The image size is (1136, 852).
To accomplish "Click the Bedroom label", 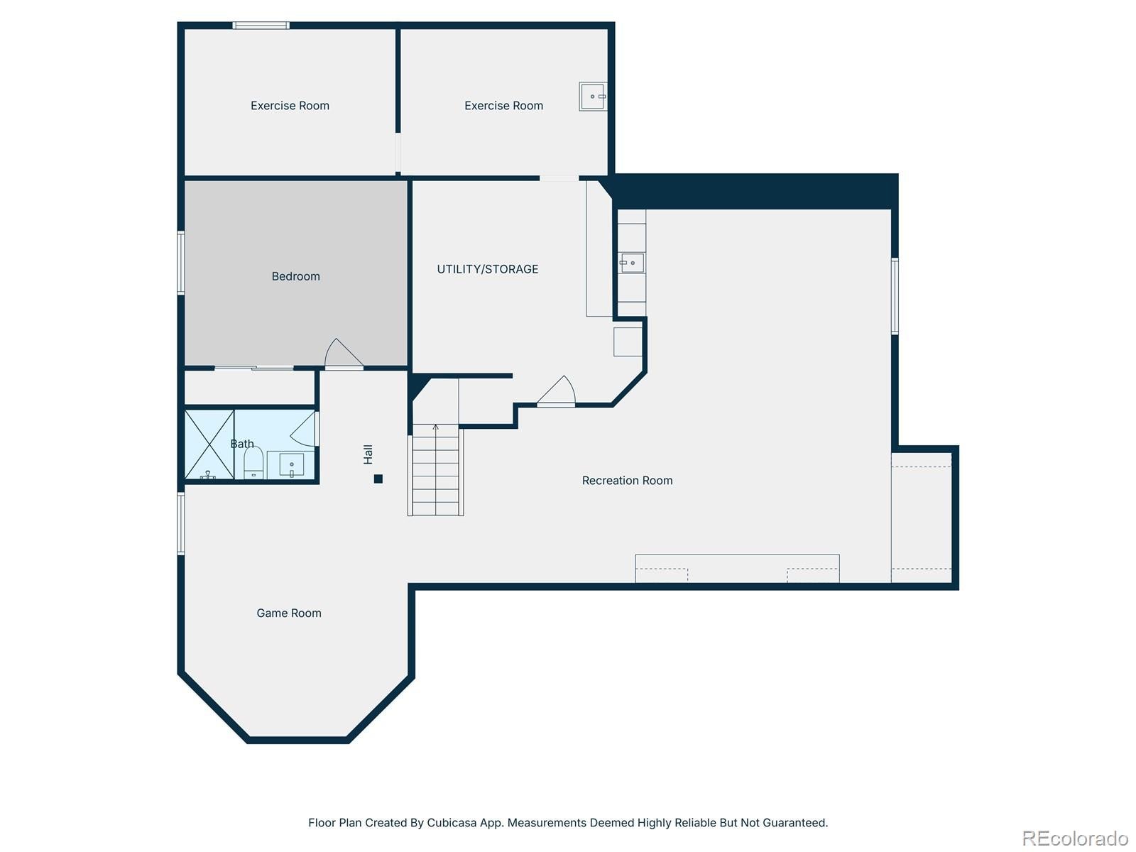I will pyautogui.click(x=295, y=276).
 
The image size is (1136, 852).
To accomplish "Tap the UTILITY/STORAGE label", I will pyautogui.click(x=487, y=269).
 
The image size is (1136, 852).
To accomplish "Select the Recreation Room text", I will pyautogui.click(x=627, y=481).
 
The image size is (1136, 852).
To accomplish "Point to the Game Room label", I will pyautogui.click(x=288, y=613).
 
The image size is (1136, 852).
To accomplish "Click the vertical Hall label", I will pyautogui.click(x=368, y=454).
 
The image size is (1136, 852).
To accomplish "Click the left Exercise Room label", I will pyautogui.click(x=290, y=106).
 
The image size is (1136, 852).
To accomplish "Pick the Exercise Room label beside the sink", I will pyautogui.click(x=503, y=106).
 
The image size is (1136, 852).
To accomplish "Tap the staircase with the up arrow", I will pyautogui.click(x=435, y=469).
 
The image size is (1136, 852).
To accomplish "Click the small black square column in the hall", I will pyautogui.click(x=378, y=479).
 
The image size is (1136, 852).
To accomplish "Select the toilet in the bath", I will pyautogui.click(x=253, y=463).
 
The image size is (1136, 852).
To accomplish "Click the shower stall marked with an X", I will pyautogui.click(x=209, y=444).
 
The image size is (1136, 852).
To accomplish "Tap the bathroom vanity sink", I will pyautogui.click(x=291, y=466).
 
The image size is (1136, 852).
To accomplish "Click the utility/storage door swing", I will pyautogui.click(x=557, y=391).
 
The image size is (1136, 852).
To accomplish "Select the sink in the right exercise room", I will pyautogui.click(x=592, y=96).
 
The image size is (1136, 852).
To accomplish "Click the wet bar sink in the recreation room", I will pyautogui.click(x=631, y=263).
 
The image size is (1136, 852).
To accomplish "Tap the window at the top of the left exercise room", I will pyautogui.click(x=261, y=26).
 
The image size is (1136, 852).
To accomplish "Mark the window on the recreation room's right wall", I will pyautogui.click(x=895, y=295).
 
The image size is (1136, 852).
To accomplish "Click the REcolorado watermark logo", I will pyautogui.click(x=1074, y=839).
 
